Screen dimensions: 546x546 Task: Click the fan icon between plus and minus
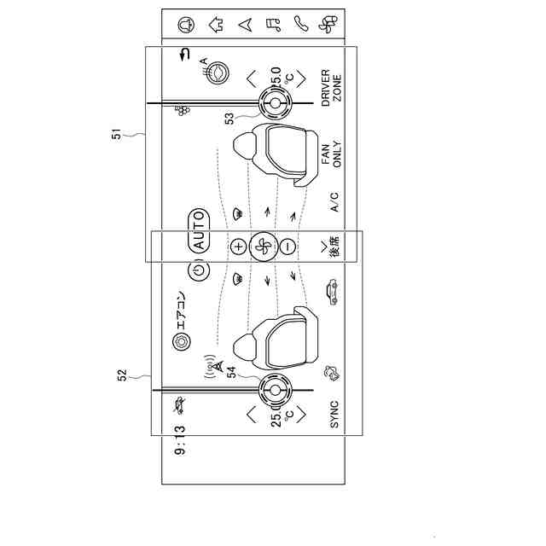coord(263,246)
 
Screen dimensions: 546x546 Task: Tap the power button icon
coord(198,271)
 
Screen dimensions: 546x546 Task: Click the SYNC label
coord(334,415)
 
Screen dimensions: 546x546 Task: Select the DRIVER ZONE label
coord(331,86)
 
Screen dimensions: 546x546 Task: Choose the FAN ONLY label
coord(331,155)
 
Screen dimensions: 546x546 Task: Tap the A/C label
coord(334,201)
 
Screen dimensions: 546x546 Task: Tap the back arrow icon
coord(183,57)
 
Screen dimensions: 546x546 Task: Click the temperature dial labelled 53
coord(275,104)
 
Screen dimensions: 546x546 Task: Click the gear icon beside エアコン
coord(180,341)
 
